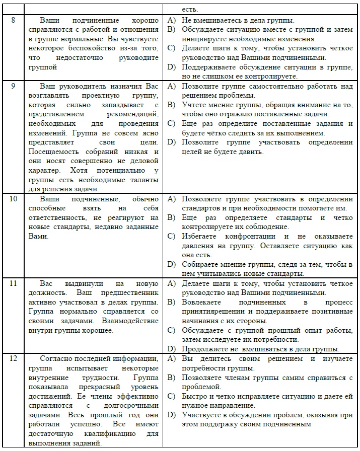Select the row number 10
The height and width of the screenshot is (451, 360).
tap(14, 199)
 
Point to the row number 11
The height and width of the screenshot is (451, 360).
tap(14, 283)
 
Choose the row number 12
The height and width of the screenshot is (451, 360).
tap(14, 358)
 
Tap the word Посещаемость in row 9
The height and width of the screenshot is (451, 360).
tap(52, 152)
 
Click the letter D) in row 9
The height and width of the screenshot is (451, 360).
tap(172, 142)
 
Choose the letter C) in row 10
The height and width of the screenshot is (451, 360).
tap(172, 237)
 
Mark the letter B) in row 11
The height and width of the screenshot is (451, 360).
tap(172, 302)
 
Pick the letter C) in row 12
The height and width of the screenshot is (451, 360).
tap(172, 396)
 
